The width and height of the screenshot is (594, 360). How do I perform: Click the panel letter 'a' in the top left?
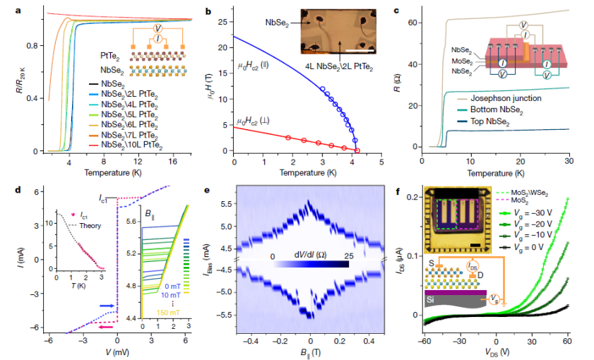point(6,10)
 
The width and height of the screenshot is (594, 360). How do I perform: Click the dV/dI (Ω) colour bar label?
point(308,253)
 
